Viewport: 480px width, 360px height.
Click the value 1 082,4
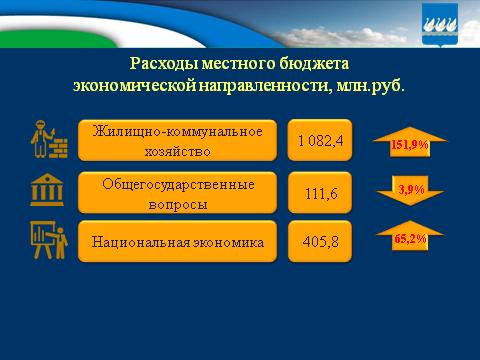pyautogui.click(x=319, y=141)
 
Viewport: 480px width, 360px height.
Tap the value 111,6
pyautogui.click(x=319, y=193)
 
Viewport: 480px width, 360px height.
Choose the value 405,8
pyautogui.click(x=319, y=242)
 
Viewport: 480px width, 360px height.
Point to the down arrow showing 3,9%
pyautogui.click(x=409, y=190)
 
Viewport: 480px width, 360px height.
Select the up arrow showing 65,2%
pyautogui.click(x=409, y=241)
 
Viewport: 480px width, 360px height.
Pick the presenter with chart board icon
pyautogui.click(x=46, y=243)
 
